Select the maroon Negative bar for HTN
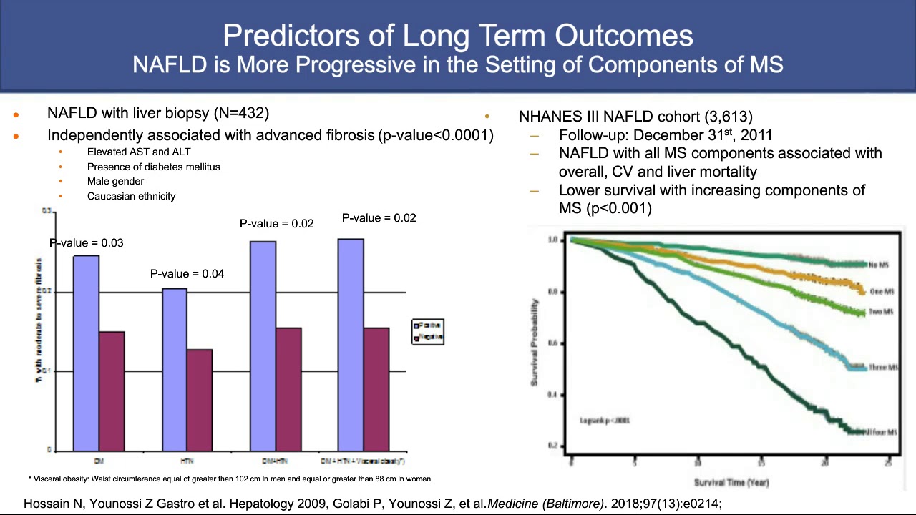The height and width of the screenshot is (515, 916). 200,400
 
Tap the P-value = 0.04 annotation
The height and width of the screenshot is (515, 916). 187,273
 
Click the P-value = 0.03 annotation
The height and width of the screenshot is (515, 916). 87,243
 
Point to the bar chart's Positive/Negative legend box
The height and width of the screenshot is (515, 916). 428,331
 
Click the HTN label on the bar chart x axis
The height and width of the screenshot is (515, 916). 187,461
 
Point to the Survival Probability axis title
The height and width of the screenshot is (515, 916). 535,343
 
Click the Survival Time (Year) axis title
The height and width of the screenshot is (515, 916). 731,482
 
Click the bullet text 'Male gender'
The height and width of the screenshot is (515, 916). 115,181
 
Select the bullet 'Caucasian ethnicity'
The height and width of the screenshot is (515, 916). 131,196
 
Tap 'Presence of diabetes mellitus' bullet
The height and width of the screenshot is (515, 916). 153,167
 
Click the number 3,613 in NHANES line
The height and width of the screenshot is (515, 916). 729,116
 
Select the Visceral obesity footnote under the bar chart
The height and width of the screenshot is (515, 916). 229,479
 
